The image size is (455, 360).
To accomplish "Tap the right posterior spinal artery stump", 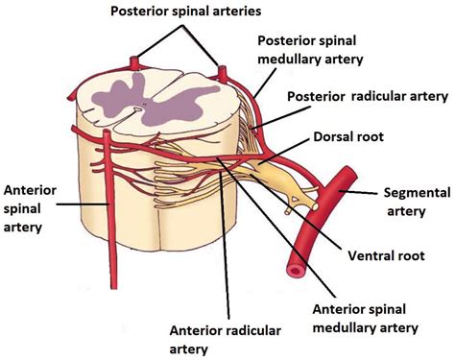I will point(223,73).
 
